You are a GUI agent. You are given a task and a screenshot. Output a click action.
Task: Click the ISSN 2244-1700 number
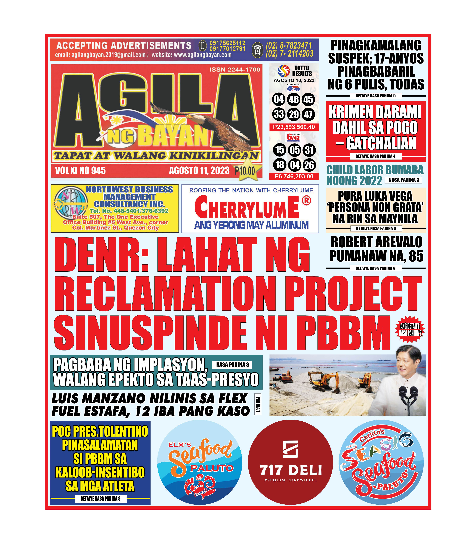click(235, 70)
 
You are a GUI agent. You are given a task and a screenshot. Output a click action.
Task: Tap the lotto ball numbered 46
click(294, 100)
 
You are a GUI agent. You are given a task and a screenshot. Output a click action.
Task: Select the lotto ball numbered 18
click(279, 165)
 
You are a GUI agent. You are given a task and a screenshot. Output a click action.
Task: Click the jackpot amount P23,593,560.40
click(294, 127)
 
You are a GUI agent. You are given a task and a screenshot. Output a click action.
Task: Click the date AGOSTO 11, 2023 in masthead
click(199, 171)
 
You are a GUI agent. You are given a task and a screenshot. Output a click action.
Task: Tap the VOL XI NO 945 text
click(80, 171)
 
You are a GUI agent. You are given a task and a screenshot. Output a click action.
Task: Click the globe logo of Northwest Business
click(70, 202)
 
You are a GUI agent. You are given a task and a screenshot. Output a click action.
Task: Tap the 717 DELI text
click(291, 470)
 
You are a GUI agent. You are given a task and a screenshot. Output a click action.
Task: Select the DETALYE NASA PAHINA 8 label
click(100, 499)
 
